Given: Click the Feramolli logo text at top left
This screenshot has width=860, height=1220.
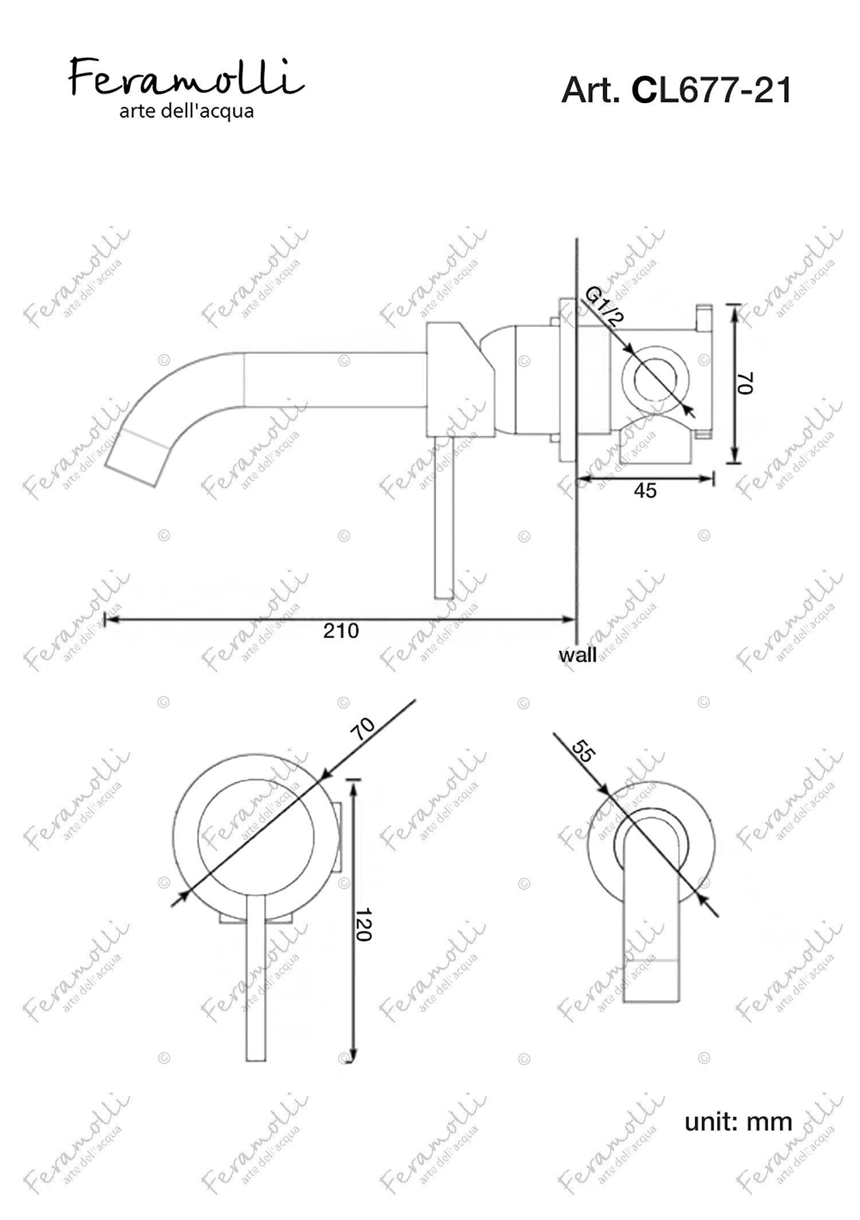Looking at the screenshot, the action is point(186,77).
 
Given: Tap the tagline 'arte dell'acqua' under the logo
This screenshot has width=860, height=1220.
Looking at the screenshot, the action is point(186,111).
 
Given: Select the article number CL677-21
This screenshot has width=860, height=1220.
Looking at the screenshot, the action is point(711,91).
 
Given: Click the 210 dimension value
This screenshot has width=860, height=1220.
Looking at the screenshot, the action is point(341,630).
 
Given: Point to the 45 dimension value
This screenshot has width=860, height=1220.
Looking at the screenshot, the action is point(645,491).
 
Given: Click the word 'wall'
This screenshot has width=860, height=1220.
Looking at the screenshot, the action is point(577,654).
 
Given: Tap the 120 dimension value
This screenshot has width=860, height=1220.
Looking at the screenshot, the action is point(363,924).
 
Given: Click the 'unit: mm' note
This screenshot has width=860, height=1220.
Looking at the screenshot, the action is point(738,1121).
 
